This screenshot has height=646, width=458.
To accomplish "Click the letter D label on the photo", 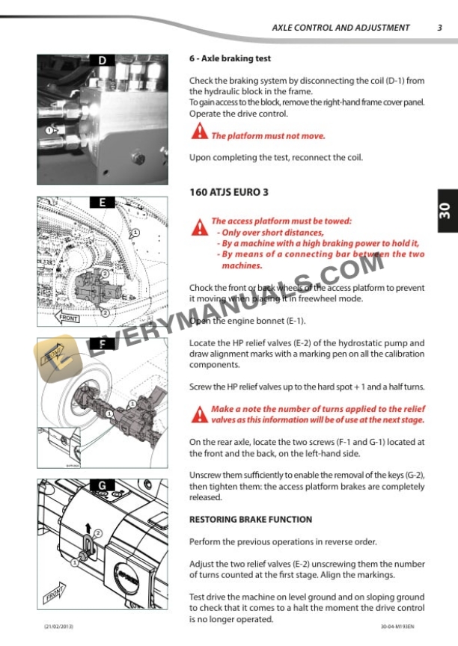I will (102, 60).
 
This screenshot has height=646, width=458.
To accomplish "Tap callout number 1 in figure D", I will (50, 130).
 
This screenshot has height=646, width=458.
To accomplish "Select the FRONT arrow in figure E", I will (68, 317).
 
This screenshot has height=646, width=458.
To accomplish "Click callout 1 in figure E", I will (135, 233).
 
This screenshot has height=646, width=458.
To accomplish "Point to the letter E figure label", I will (102, 202).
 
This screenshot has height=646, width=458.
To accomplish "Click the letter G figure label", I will (102, 485).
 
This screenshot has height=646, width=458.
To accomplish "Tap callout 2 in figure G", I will (97, 532).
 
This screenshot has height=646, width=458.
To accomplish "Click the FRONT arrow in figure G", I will (54, 597).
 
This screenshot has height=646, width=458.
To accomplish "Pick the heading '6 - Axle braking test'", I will (230, 58).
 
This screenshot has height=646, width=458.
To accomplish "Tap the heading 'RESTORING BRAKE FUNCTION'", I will (251, 520).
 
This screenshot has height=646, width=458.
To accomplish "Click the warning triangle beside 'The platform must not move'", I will (199, 132).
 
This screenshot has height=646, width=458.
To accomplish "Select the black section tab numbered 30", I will (444, 212).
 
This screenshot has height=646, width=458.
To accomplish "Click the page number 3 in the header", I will (439, 28).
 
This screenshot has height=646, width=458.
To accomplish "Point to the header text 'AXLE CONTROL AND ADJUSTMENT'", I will (341, 28).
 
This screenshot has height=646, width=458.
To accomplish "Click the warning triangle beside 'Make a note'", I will (199, 413).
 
